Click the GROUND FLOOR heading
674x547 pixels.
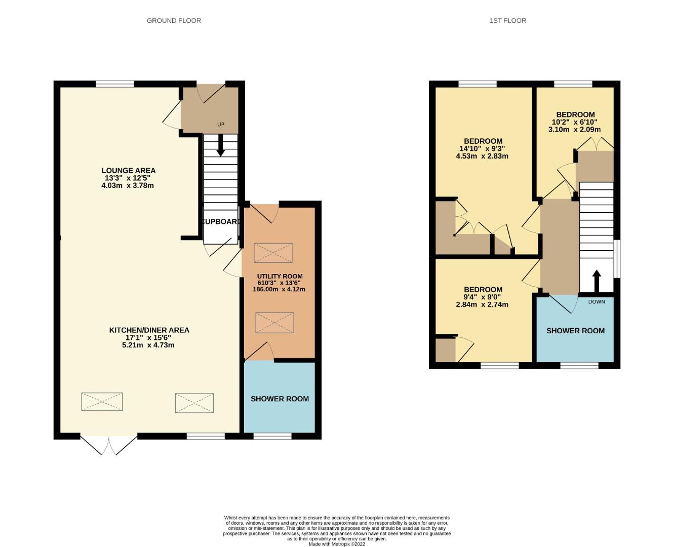pyautogui.click(x=174, y=21)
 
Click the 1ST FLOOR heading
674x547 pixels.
pyautogui.click(x=507, y=21)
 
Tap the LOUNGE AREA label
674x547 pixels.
pyautogui.click(x=128, y=171)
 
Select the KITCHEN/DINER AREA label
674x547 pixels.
pyautogui.click(x=149, y=330)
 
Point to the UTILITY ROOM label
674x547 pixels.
pyautogui.click(x=280, y=277)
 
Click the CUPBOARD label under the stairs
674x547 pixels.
pyautogui.click(x=221, y=222)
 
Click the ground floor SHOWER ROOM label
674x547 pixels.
pyautogui.click(x=280, y=399)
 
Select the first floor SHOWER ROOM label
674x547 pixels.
pyautogui.click(x=575, y=331)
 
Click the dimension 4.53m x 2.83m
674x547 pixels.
pyautogui.click(x=482, y=156)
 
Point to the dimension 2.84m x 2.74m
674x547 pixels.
pyautogui.click(x=482, y=304)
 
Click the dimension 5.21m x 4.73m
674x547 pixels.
pyautogui.click(x=148, y=345)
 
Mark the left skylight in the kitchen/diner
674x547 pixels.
pyautogui.click(x=102, y=402)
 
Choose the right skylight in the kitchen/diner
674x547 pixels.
pyautogui.click(x=194, y=403)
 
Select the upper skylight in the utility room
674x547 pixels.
pyautogui.click(x=273, y=253)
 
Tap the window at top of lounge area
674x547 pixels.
pyautogui.click(x=115, y=84)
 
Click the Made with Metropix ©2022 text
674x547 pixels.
pyautogui.click(x=337, y=544)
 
